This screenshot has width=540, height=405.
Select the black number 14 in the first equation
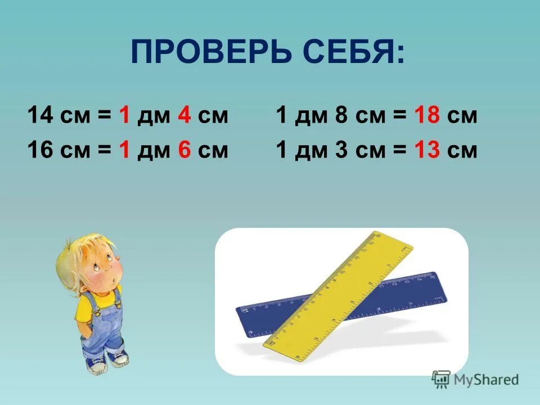click(40, 116)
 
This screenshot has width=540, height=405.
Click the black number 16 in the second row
click(40, 150)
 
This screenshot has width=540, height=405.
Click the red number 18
click(426, 116)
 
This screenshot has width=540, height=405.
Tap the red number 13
click(426, 150)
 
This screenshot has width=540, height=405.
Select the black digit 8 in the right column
click(340, 116)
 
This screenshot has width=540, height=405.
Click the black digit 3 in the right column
click(340, 150)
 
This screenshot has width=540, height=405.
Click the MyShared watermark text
click(485, 380)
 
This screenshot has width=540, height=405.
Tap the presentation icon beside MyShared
click(442, 379)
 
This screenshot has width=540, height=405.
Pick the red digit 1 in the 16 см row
click(124, 150)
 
